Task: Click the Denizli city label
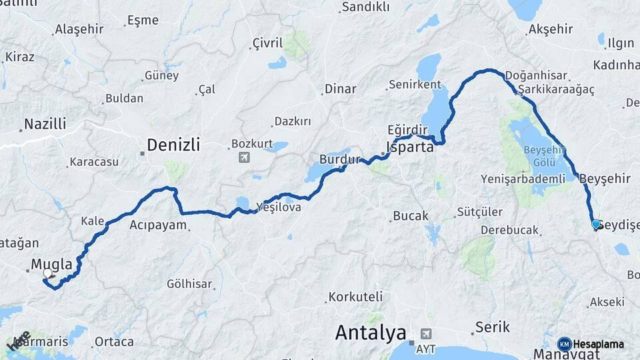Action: (x=173, y=144)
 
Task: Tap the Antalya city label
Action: (x=371, y=332)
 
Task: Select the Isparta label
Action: (x=409, y=147)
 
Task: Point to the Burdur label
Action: (x=339, y=160)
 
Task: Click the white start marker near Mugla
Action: (x=48, y=273)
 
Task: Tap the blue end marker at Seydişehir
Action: (x=595, y=224)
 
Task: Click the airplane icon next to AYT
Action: (x=426, y=333)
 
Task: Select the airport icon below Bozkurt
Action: (x=244, y=157)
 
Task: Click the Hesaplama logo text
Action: (x=598, y=344)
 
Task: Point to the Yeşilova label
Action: (x=283, y=207)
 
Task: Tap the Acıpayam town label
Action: (x=158, y=225)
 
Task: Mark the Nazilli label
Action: (x=45, y=123)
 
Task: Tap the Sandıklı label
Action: (x=365, y=7)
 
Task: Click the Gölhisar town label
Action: (x=189, y=283)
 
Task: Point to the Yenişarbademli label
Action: (x=523, y=178)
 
